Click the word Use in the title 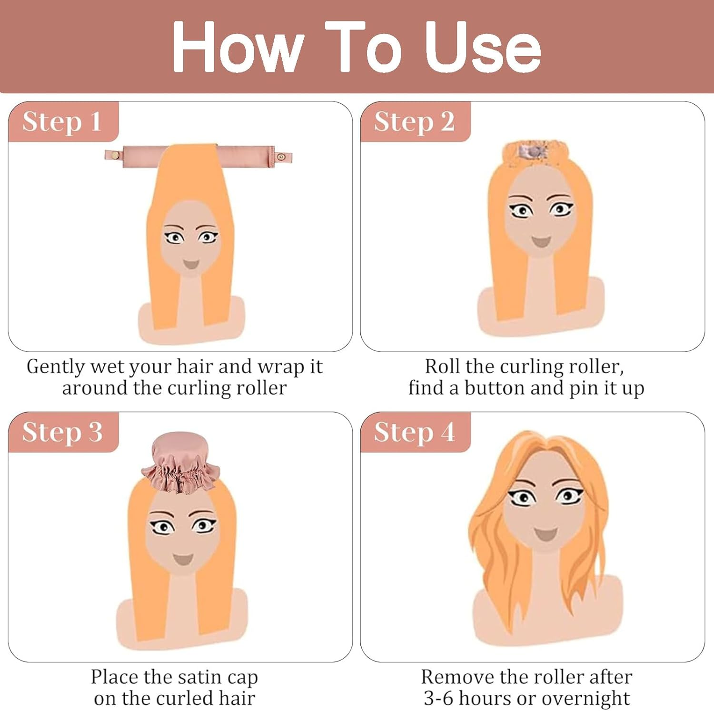(483, 47)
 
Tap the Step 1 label (62, 121)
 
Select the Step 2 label (414, 121)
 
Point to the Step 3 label (62, 432)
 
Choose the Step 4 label (414, 432)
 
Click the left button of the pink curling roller (114, 155)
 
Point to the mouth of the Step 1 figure (191, 264)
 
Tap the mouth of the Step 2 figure (541, 241)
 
